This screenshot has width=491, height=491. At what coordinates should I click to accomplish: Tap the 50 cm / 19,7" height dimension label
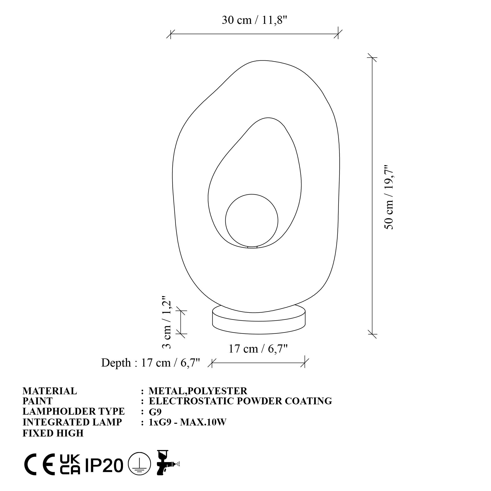point(389,197)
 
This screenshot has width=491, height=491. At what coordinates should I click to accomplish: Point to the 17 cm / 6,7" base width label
point(258,349)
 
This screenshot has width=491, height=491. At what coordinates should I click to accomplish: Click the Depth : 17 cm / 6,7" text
point(150,363)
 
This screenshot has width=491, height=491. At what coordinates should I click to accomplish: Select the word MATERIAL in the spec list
point(50,391)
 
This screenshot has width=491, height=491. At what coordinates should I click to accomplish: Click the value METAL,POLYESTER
point(198,391)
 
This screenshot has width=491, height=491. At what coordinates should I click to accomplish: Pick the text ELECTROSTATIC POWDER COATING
point(240,401)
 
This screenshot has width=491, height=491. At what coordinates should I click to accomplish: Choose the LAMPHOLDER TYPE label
point(74,411)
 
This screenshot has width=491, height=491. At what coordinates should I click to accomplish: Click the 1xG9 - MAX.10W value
point(187,422)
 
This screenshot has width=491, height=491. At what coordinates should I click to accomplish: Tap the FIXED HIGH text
point(53,433)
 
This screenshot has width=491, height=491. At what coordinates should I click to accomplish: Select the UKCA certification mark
point(70,464)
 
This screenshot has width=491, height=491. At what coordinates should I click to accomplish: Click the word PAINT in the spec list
point(38,401)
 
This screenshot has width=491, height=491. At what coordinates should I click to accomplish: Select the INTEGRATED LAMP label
point(72,422)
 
